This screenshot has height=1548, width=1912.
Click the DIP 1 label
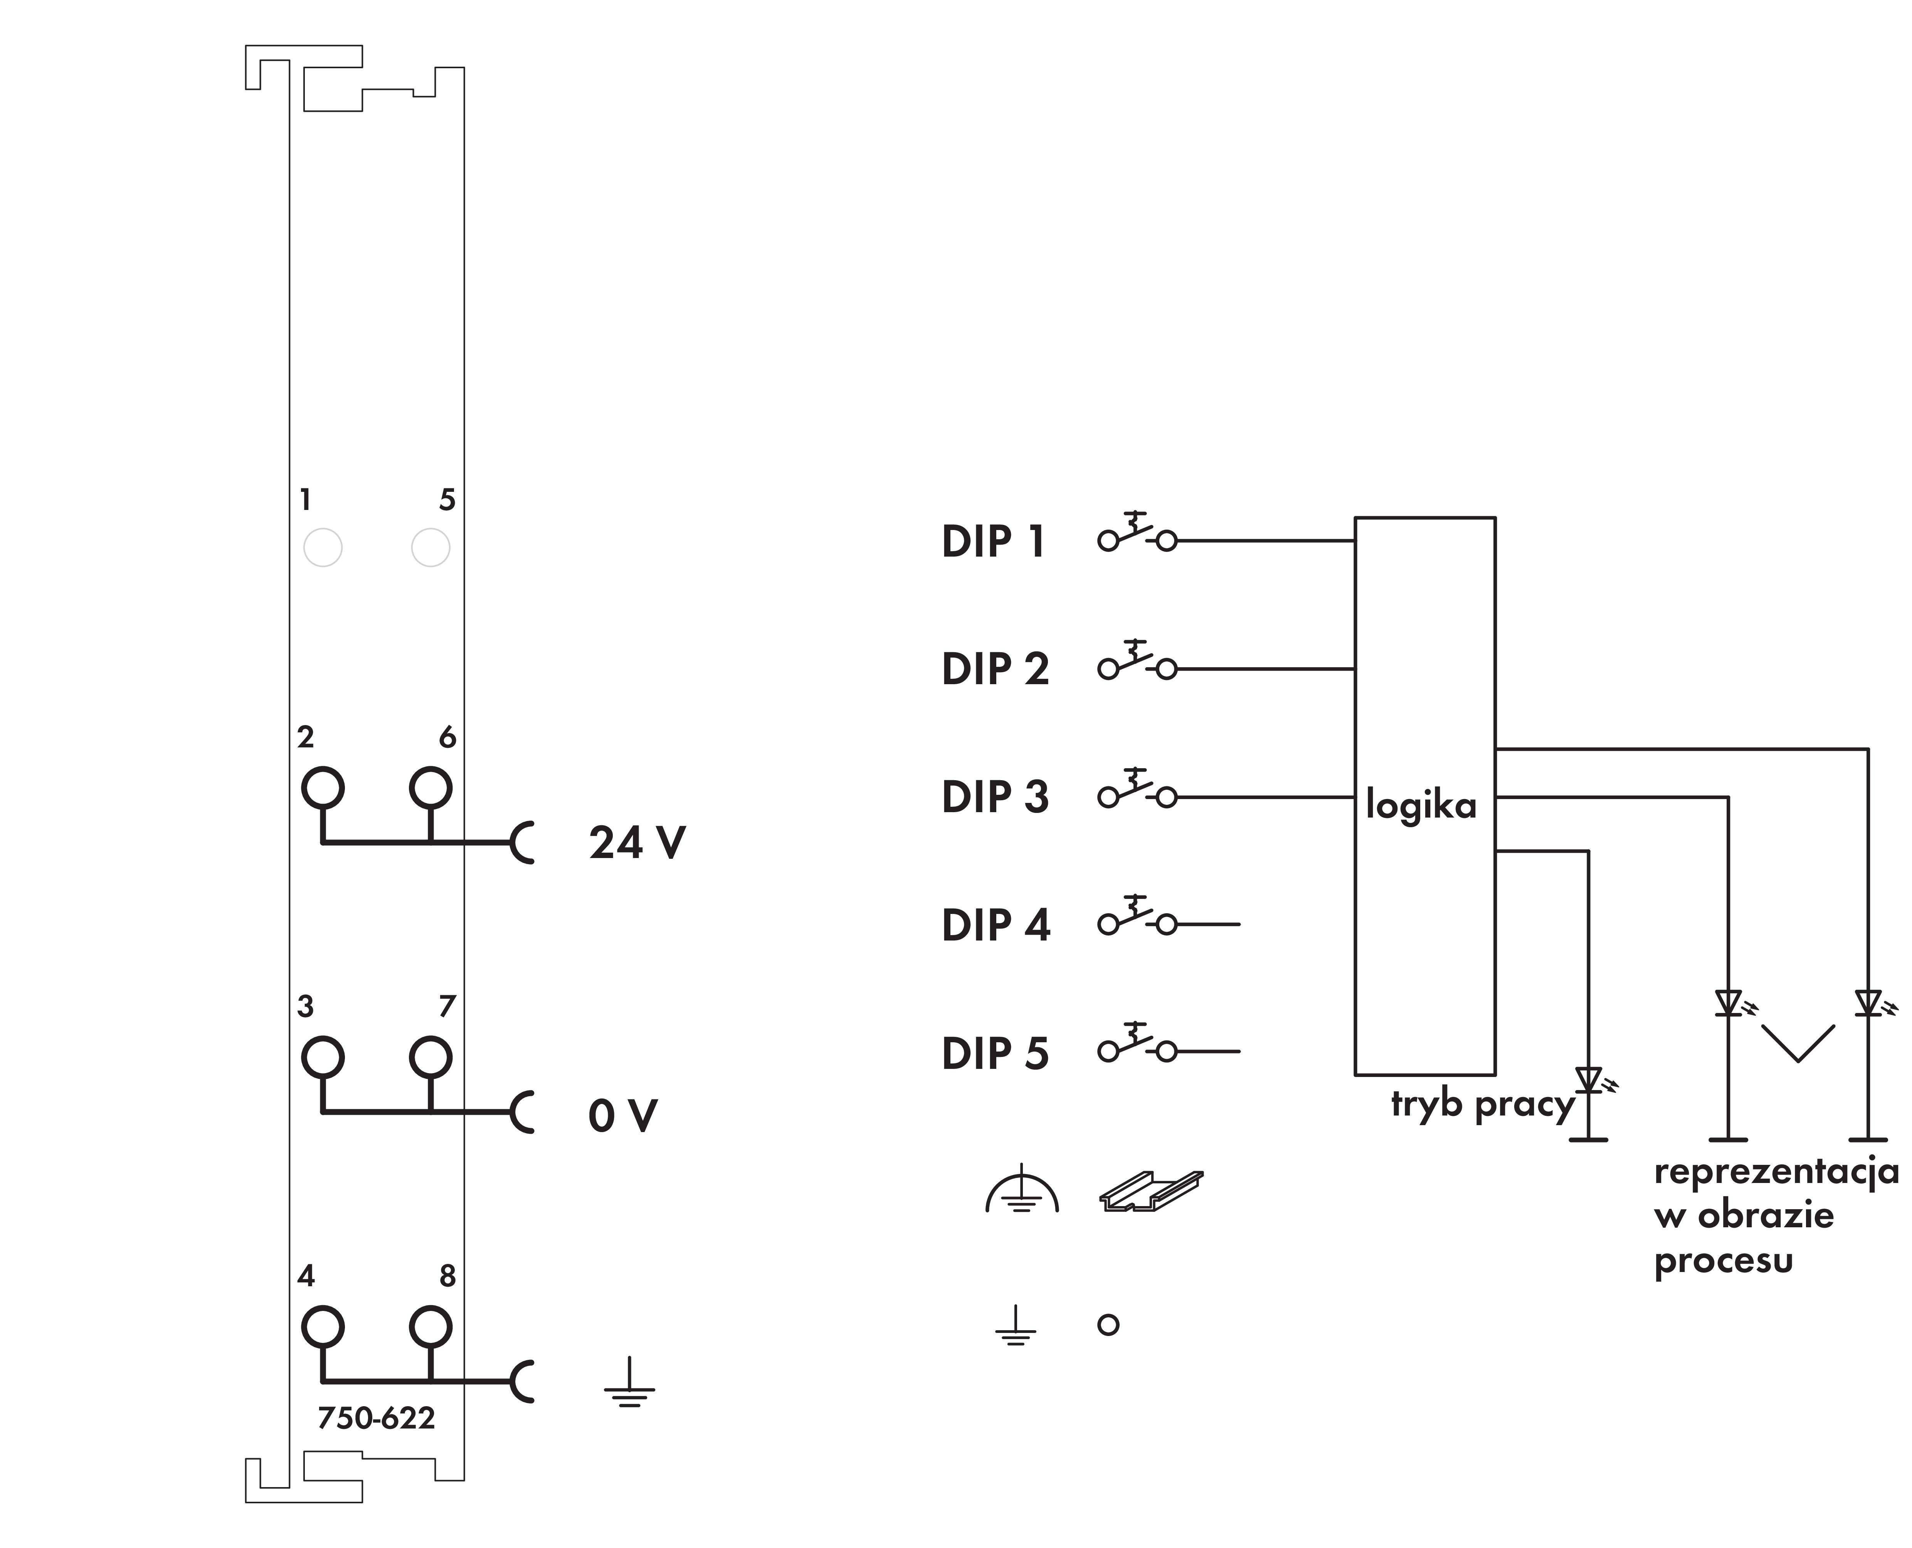(993, 541)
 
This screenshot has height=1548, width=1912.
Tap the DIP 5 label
(995, 1053)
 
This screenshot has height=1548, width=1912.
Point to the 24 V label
(636, 843)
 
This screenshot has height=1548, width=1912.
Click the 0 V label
(622, 1116)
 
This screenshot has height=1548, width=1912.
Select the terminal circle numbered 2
(323, 787)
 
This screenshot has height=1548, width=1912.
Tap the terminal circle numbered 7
(430, 1058)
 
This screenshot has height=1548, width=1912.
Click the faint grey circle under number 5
(430, 547)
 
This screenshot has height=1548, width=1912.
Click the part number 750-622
(376, 1419)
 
